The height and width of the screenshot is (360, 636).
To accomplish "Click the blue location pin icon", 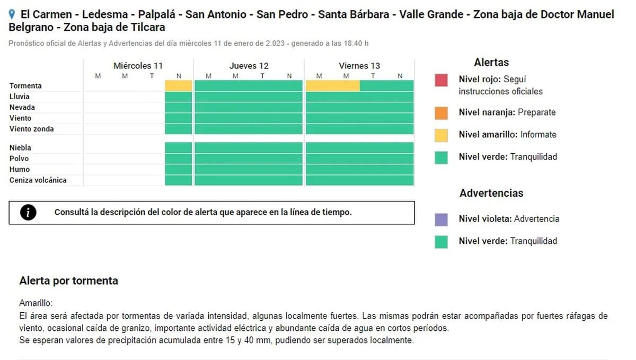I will [12, 15].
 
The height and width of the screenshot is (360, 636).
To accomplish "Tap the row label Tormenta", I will [25, 86].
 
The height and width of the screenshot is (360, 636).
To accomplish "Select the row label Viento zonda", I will [31, 129].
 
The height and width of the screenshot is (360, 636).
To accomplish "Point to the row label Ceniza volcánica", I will [38, 180].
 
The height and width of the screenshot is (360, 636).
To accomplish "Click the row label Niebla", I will [20, 148].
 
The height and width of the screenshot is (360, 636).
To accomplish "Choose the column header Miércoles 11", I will [138, 66].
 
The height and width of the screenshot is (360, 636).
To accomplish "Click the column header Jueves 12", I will [249, 66].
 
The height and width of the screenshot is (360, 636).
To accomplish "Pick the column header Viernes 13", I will [359, 66].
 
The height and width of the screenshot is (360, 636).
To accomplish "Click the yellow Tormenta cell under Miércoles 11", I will [179, 85].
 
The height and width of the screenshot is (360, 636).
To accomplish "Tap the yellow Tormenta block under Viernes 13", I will [332, 85].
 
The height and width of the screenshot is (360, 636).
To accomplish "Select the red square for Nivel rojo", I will [441, 81].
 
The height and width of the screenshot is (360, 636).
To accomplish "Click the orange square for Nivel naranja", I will [441, 112].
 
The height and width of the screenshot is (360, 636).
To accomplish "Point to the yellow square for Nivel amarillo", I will [441, 135].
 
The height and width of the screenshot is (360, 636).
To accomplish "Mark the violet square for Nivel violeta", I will [441, 219].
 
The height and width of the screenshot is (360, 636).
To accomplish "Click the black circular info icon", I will [28, 213].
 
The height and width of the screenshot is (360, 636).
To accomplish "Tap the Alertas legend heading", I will [491, 63].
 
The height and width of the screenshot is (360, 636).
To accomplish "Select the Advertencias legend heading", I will [491, 193].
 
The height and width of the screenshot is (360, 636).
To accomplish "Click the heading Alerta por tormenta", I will [68, 281].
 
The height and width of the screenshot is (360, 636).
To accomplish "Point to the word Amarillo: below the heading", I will [36, 303].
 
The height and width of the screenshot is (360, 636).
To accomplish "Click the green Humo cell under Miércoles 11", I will [179, 170].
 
